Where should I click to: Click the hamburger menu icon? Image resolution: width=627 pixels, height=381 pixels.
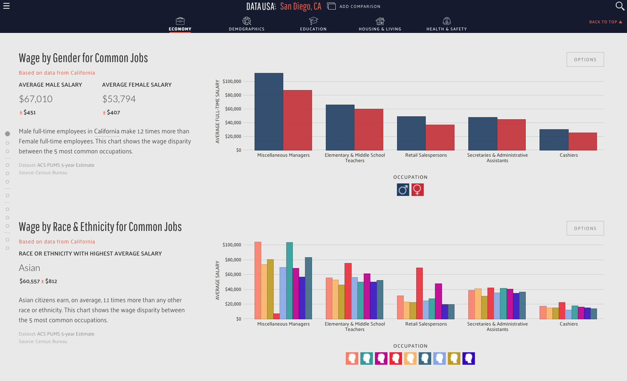pos(6,6)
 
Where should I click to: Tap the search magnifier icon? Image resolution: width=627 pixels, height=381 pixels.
pos(620,6)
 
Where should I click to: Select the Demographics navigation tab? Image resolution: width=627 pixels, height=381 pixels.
pos(246,24)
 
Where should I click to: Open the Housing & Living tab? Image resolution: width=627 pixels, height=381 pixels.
pos(380,24)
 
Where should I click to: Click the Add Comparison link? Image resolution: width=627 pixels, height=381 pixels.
pos(354,6)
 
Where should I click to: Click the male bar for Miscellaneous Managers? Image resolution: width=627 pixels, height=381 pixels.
pos(269,112)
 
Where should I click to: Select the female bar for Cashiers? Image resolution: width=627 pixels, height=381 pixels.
pos(583,141)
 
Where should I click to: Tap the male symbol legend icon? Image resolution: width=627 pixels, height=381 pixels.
pos(403,190)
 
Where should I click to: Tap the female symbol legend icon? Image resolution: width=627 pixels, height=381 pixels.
pos(417,190)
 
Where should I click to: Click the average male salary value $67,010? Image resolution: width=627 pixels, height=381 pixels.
pos(36,99)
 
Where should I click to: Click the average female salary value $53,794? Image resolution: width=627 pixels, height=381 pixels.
pos(119,99)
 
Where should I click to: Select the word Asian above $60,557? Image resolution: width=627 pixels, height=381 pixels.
pos(30,268)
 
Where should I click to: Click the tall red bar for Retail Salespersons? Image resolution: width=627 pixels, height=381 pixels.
pos(419,293)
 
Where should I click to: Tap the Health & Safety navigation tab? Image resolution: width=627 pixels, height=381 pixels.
pos(447,24)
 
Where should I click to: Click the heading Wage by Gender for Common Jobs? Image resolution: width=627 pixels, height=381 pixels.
pos(83,58)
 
